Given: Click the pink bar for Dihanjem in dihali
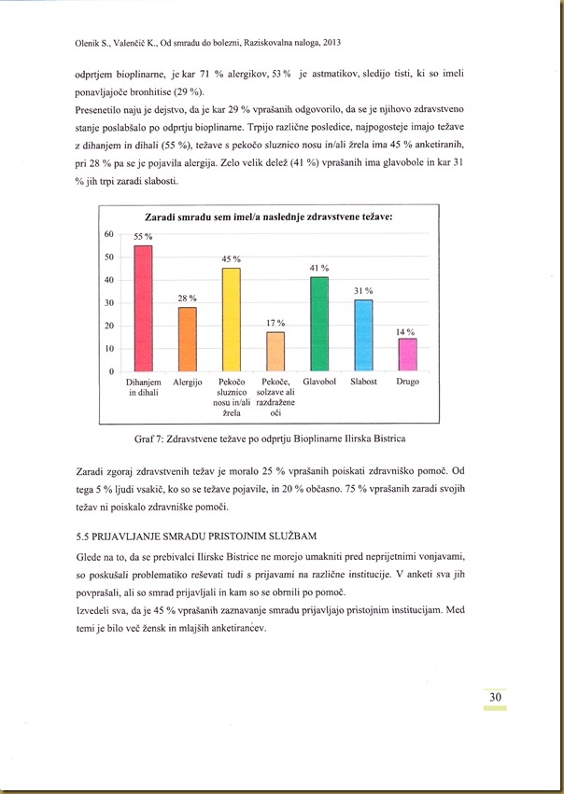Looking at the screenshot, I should point(144,308).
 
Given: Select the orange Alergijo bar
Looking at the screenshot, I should point(188,340).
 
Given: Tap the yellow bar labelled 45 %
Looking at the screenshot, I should point(231,319).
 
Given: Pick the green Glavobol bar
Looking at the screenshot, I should point(319,324).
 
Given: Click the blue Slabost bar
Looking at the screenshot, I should point(363,336).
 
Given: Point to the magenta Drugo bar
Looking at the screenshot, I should point(407,355).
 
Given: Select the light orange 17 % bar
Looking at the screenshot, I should point(275,352).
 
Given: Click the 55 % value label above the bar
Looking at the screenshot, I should point(143,238).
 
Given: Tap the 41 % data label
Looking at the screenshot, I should point(319,269).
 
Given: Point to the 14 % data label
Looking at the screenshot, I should point(405,332).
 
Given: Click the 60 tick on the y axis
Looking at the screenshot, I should point(109,234).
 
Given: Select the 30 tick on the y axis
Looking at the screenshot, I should point(109,303).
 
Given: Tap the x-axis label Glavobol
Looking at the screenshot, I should point(319,383).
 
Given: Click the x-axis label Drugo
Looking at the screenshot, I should point(407,383).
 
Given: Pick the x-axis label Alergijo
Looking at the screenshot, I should point(188,383).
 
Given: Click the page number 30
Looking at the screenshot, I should point(495,698).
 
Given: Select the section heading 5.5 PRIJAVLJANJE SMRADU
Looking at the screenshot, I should point(197,536).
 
